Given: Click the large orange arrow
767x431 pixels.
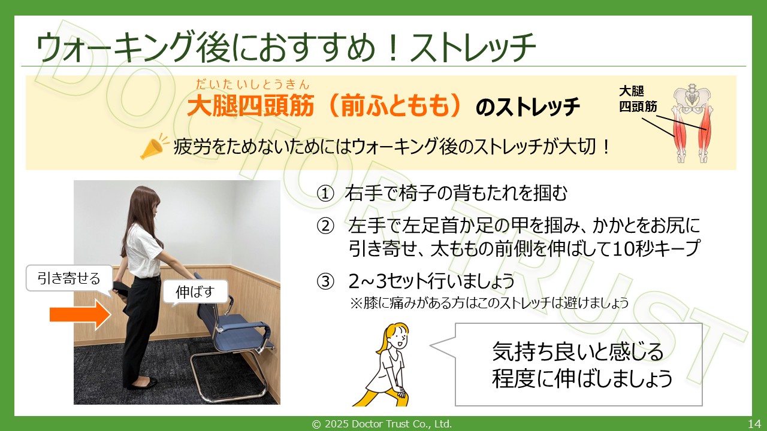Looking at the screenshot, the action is [80, 315].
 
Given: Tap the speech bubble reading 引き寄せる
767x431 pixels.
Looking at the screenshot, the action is [70, 279].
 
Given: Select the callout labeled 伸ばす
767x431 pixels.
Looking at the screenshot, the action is [195, 292].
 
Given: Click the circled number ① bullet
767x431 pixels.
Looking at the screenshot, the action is [325, 193].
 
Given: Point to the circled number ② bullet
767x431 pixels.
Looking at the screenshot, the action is [325, 226].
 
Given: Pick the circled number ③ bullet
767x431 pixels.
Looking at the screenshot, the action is [325, 282].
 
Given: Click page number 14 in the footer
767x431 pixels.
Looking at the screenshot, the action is [754, 424].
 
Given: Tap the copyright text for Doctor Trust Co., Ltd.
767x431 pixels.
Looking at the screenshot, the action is [382, 424].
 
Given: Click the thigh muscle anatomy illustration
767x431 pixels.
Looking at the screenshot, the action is [692, 123].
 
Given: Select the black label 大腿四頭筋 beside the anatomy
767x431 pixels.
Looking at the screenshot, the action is [638, 99].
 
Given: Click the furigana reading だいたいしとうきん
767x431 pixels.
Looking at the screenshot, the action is [252, 84].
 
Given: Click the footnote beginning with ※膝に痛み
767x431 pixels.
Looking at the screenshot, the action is [490, 303].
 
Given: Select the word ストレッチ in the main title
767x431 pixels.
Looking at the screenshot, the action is [473, 47].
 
